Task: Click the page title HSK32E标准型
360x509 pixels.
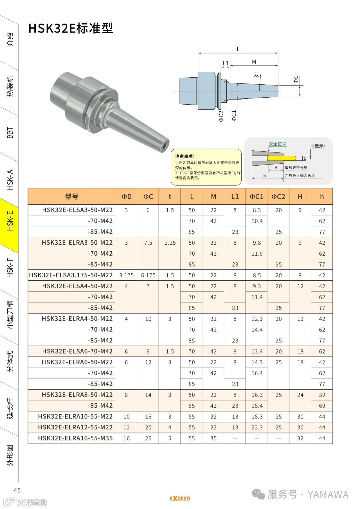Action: [x=71, y=28]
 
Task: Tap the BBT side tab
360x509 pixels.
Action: [x=10, y=133]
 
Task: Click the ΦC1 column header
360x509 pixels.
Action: [x=257, y=197]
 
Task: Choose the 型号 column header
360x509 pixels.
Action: [x=72, y=197]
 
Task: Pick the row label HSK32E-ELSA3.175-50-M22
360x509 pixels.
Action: [x=71, y=275]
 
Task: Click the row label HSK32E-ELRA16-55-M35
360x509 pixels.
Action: [x=75, y=438]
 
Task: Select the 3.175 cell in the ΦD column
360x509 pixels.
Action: [x=126, y=275]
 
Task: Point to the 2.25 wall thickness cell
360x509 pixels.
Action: [x=170, y=243]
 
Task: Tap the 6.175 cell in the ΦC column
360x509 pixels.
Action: [x=148, y=275]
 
